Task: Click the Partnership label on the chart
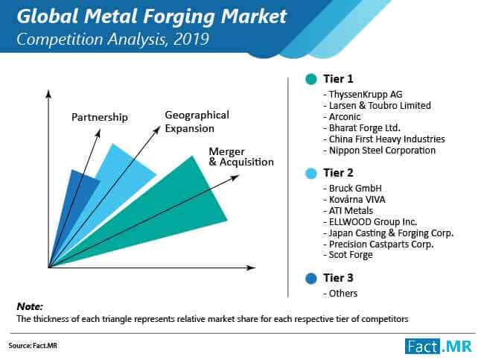[99, 118]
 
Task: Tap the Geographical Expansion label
[197, 121]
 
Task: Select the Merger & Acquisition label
[241, 157]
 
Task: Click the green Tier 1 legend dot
[311, 79]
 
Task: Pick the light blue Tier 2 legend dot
[311, 173]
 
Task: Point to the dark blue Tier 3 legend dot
[311, 278]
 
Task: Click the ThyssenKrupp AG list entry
[363, 94]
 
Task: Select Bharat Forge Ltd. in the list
[362, 128]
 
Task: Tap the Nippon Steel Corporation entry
[379, 151]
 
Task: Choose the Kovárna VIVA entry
[354, 199]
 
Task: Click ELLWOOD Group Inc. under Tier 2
[370, 221]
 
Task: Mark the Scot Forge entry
[348, 255]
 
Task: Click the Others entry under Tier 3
[340, 293]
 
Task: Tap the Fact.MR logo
[439, 346]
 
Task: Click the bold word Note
[30, 306]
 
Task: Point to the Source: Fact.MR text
[33, 346]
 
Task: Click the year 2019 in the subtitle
[191, 40]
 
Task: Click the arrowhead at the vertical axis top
[48, 94]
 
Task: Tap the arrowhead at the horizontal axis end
[252, 268]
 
